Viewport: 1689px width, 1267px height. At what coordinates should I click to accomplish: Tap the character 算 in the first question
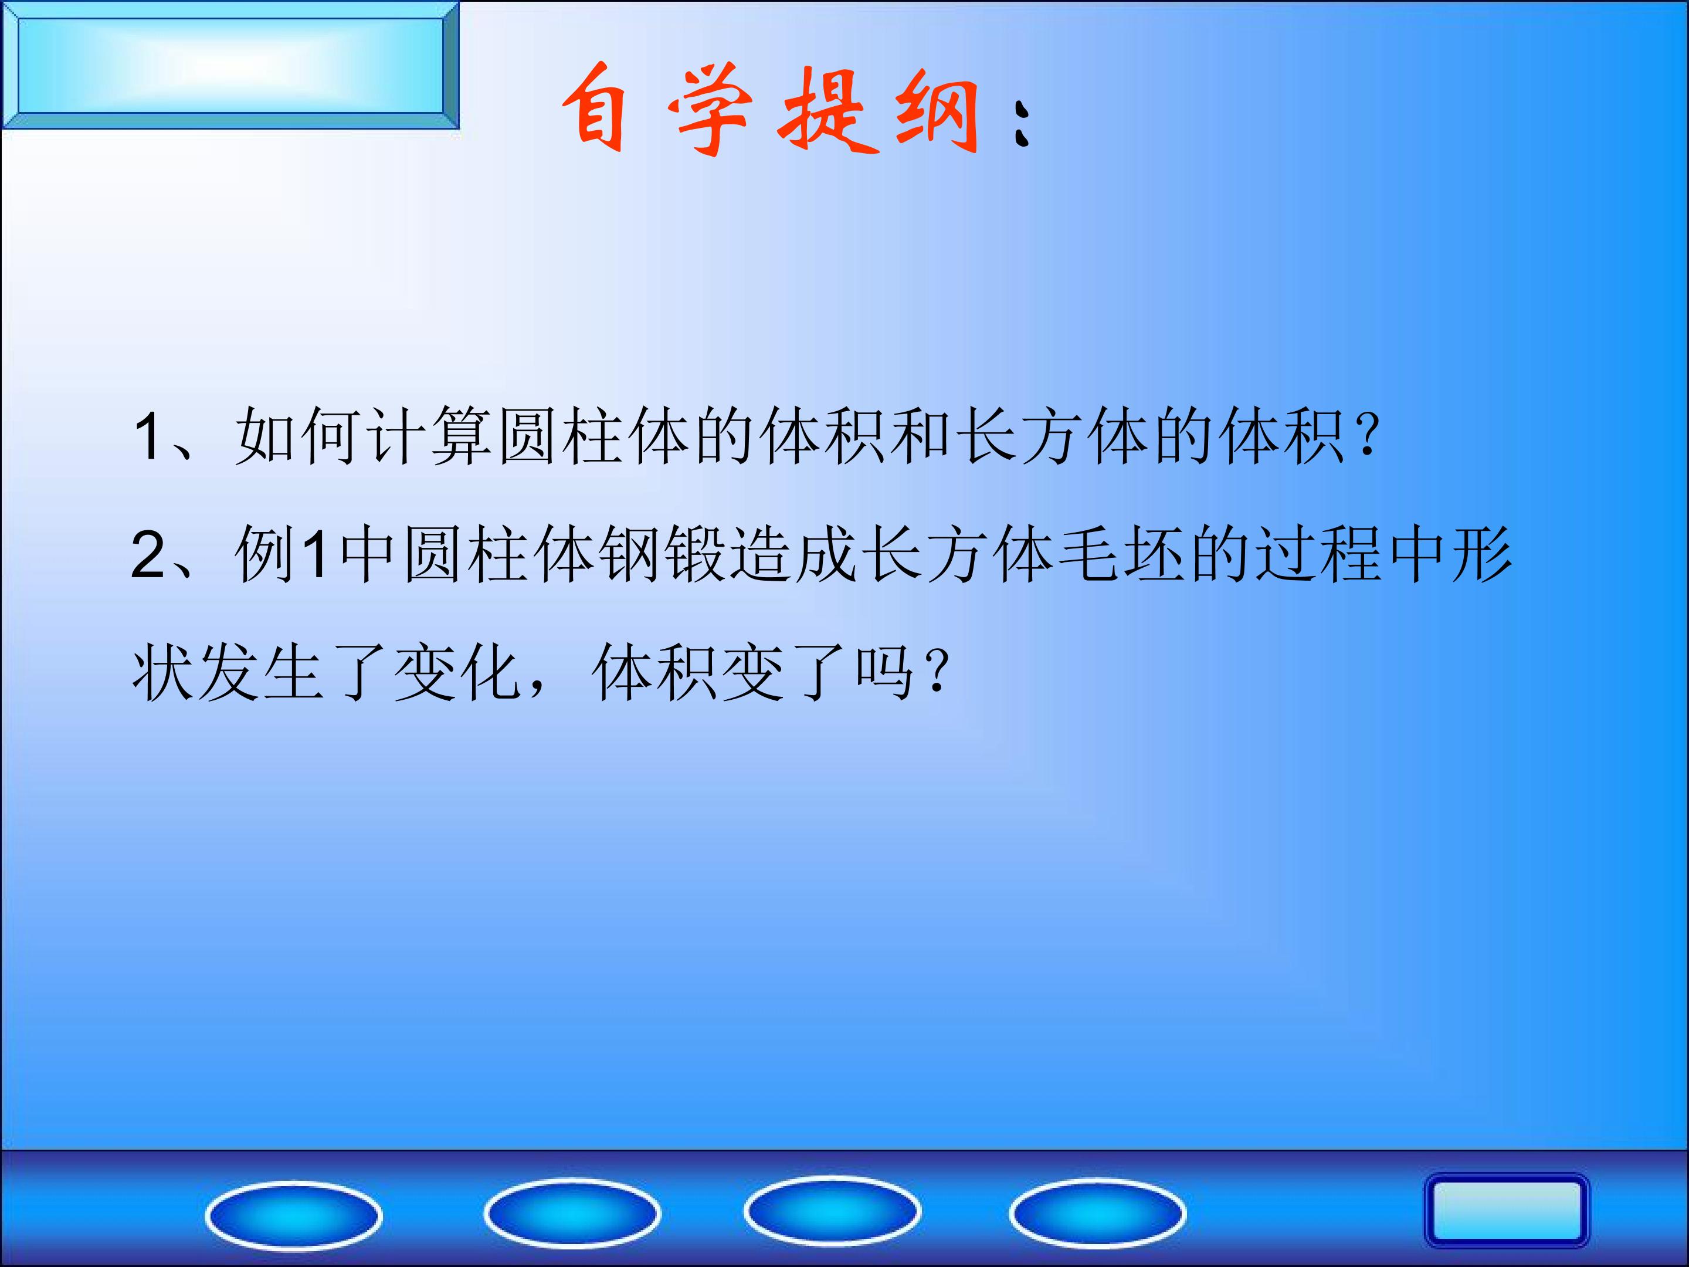[462, 435]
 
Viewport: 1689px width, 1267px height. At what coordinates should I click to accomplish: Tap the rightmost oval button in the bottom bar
[1097, 1213]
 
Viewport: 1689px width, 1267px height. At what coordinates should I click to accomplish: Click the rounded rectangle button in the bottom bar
[1506, 1211]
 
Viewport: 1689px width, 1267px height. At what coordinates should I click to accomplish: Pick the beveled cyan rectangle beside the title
[230, 66]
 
